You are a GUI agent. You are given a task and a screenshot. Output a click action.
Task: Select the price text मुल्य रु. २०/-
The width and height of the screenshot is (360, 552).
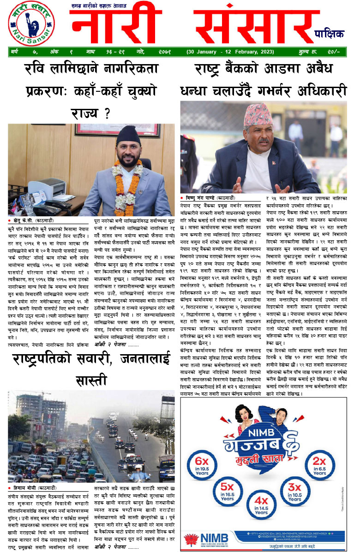tap(326, 52)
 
